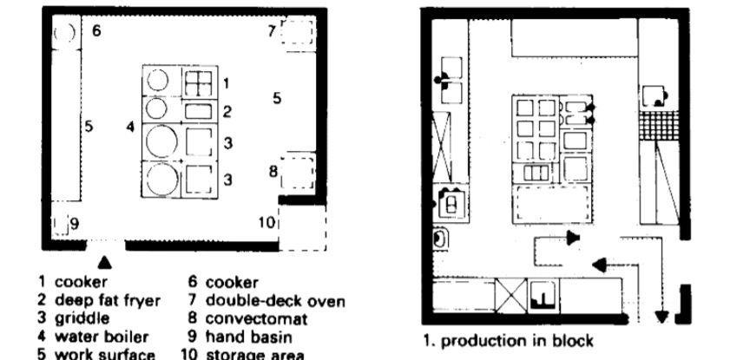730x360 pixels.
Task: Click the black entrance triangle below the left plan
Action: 104,259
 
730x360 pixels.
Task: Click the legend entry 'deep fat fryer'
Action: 107,301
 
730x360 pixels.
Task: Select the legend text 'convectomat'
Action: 253,318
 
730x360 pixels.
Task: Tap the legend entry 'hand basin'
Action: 248,337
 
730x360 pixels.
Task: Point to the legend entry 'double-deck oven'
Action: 275,301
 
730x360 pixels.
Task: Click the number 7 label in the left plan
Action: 272,31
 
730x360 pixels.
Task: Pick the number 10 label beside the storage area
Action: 267,222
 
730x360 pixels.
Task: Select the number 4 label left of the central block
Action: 130,128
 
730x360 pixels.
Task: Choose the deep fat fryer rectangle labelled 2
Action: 197,111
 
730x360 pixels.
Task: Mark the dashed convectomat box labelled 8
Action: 296,171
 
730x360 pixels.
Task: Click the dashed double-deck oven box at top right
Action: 296,34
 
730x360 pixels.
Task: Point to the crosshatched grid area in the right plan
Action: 657,126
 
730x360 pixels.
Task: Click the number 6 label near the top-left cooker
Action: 96,31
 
